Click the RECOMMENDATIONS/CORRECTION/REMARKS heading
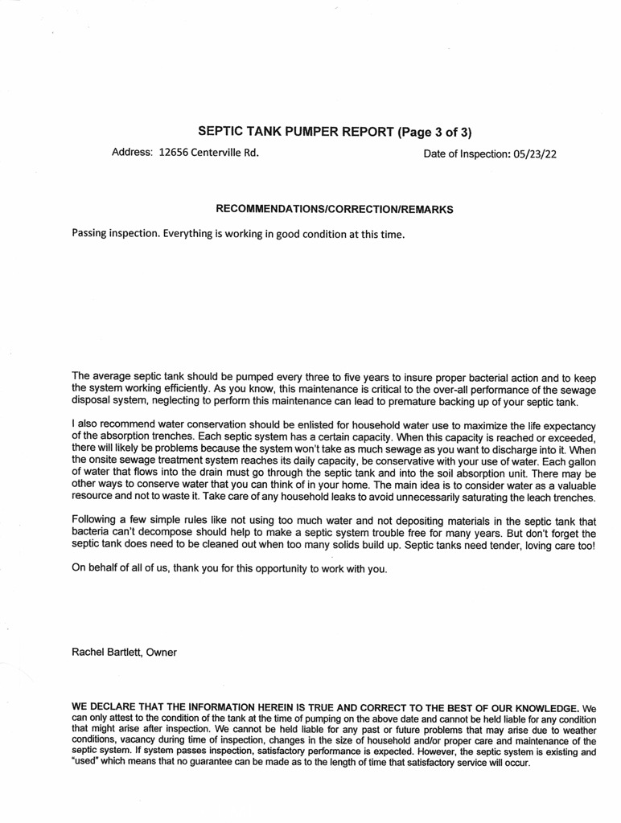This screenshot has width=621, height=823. pyautogui.click(x=335, y=209)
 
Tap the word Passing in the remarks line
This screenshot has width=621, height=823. pyautogui.click(x=92, y=235)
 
